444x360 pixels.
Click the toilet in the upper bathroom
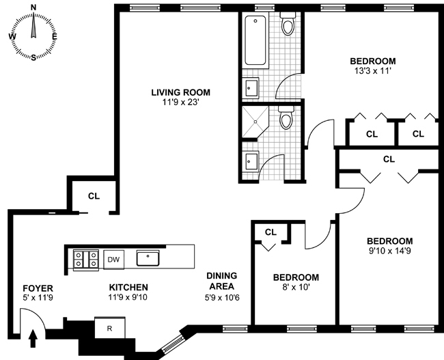click(288, 26)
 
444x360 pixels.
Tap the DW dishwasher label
click(114, 260)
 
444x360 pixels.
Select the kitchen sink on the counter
click(148, 258)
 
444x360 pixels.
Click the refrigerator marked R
click(109, 328)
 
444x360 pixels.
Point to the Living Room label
click(180, 92)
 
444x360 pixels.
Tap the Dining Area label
click(221, 281)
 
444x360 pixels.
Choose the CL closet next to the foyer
click(94, 196)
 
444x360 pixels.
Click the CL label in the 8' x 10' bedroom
click(270, 232)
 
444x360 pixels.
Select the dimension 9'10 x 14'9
click(389, 251)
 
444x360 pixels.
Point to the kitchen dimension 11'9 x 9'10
click(128, 298)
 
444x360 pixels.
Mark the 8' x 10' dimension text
click(296, 288)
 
